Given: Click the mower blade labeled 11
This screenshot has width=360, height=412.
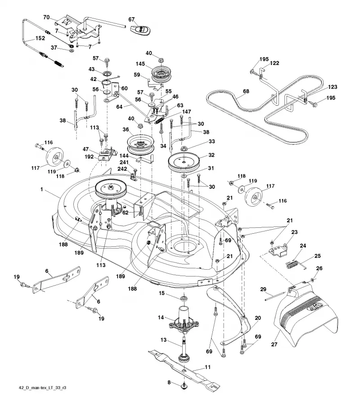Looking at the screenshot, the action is tap(184, 368).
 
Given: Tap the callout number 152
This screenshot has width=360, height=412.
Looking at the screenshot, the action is tap(40, 38).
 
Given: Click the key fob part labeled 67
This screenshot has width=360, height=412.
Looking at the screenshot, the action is tap(141, 29).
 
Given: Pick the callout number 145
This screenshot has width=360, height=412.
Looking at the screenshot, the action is tap(140, 64).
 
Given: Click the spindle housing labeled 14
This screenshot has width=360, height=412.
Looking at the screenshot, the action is tap(184, 319).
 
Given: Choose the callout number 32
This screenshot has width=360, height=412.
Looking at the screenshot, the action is tap(211, 155).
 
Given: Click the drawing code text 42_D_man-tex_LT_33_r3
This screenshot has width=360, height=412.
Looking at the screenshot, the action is tap(43, 388).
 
